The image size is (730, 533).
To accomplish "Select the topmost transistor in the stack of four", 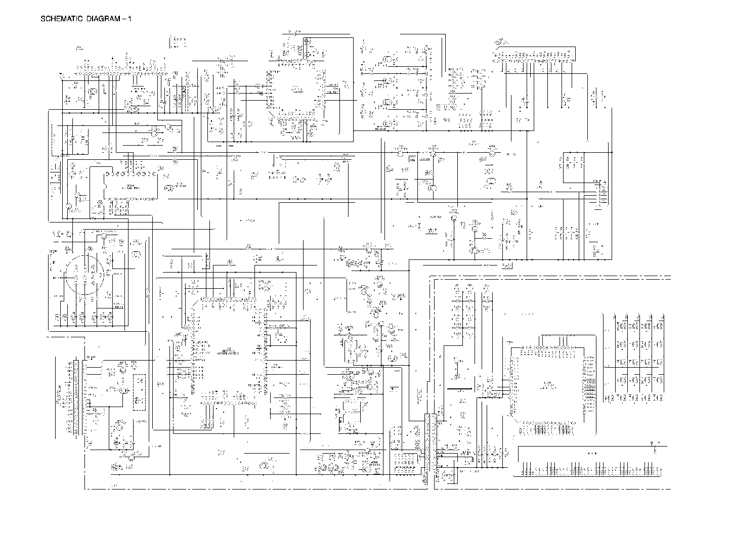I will (388, 60).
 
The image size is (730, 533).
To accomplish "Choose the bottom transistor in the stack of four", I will (388, 123).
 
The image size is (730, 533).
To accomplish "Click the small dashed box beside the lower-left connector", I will (139, 392).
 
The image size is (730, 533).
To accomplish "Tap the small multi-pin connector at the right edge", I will (599, 192).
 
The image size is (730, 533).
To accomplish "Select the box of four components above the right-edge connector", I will (572, 167).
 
